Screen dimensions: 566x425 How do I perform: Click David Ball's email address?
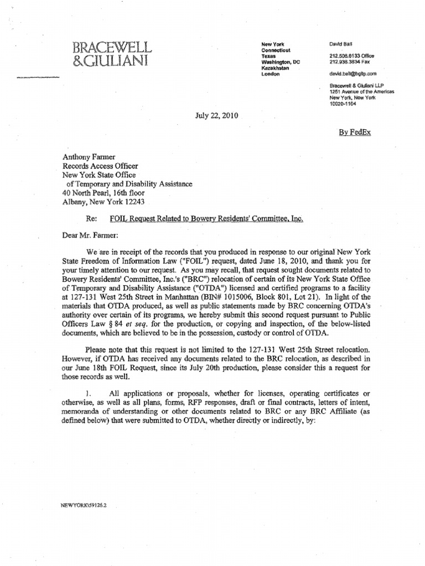click(x=353, y=73)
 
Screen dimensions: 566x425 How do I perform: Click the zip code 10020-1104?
click(x=344, y=103)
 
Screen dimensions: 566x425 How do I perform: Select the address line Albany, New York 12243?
click(x=103, y=202)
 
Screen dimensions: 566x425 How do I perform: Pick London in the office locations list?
click(x=271, y=74)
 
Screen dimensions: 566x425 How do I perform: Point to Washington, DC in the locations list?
click(x=281, y=62)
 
